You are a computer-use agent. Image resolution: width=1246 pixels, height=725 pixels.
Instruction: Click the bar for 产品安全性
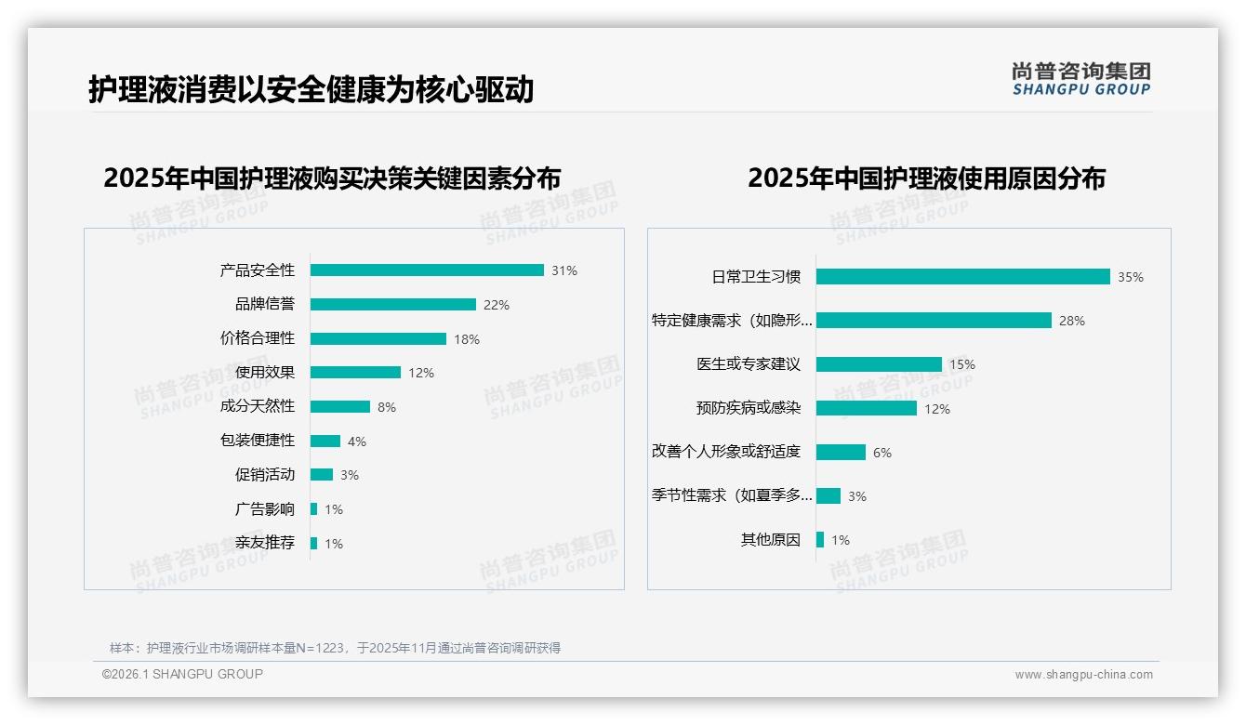pos(427,270)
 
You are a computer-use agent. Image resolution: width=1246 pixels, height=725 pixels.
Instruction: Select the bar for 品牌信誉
pos(392,305)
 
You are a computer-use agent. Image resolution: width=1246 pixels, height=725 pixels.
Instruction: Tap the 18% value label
pos(467,339)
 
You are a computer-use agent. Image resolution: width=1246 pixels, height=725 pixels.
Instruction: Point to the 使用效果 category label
pos(265,373)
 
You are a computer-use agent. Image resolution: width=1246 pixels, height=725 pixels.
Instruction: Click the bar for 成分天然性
pos(340,407)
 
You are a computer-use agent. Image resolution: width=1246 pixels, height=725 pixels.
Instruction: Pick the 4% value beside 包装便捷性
pos(357,442)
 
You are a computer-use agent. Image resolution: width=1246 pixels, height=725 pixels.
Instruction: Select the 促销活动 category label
pos(265,475)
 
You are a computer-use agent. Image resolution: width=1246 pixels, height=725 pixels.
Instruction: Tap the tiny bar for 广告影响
pos(314,509)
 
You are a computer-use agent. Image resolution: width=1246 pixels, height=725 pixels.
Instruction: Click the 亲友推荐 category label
pos(265,543)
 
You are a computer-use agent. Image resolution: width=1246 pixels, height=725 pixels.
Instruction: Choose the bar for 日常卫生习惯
pos(962,277)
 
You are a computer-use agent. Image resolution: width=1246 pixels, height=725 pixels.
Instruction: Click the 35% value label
pos(1131,277)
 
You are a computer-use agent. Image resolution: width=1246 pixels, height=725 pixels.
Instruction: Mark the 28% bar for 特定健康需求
pos(934,321)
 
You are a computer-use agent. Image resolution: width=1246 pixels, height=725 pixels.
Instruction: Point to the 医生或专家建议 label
pos(749,364)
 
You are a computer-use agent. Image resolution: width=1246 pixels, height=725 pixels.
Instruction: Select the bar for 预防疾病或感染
pos(867,408)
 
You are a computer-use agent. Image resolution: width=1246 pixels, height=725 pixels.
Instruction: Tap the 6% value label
pos(882,453)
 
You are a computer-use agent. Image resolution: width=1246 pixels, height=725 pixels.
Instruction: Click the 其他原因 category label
pos(770,540)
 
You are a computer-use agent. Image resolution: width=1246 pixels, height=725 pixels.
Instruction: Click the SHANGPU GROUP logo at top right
pos(1081,79)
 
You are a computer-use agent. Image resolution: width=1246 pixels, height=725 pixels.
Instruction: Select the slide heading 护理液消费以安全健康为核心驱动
pos(311,89)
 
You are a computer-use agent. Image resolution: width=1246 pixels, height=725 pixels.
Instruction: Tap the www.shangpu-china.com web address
pos(1084,675)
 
